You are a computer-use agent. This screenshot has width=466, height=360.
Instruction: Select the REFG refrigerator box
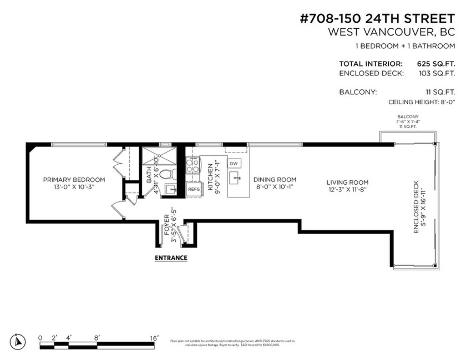[194, 189]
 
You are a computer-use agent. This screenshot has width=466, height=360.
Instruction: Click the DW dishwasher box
[234, 164]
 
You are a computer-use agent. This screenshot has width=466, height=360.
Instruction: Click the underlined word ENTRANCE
[170, 258]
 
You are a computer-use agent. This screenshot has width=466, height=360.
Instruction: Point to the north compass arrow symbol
[18, 342]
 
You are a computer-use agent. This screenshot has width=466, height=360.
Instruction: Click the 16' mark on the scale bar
[154, 338]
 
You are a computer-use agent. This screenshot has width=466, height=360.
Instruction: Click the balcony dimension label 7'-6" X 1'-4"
[407, 121]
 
